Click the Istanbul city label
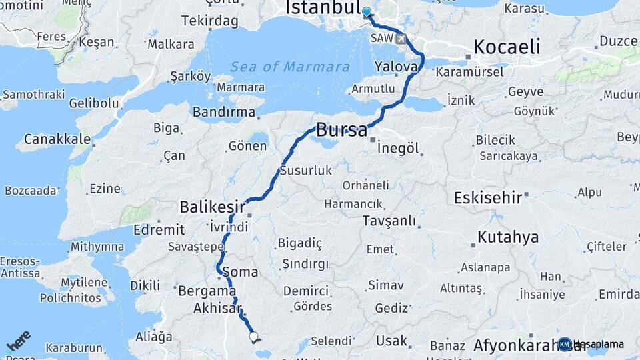pos(323,8)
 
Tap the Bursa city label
pos(341,130)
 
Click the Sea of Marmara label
pos(290,67)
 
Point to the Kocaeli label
pos(506,47)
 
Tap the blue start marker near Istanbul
pos(366,11)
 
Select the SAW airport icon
pos(400,39)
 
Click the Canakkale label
pos(57,139)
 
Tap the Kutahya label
pos(508,237)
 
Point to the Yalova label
pos(396,67)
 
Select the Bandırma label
pos(224,112)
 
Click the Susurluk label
pos(305,171)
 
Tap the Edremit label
pos(159,229)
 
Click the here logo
pos(18,341)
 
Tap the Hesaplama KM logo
pos(592,344)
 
